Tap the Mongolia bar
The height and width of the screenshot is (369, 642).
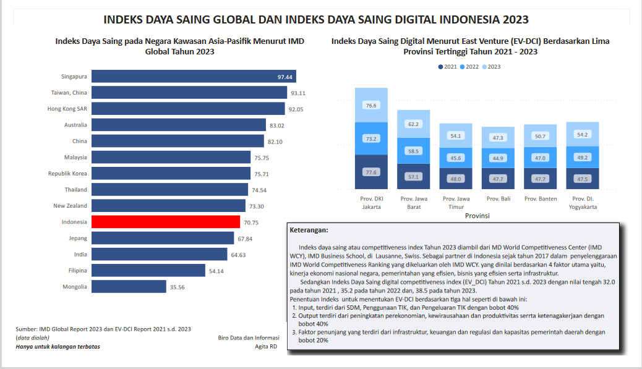tap(129, 287)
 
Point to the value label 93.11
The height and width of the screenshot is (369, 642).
tap(298, 93)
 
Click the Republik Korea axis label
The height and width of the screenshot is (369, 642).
tap(67, 174)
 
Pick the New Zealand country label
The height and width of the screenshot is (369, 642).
tap(70, 206)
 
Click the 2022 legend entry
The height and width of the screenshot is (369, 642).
tap(471, 67)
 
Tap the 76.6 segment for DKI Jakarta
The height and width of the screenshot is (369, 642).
tap(371, 105)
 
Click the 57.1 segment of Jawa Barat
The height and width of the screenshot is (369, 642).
tap(413, 177)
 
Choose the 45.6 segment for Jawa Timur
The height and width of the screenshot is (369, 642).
tap(455, 158)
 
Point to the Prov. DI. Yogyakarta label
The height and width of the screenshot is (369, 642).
tap(583, 203)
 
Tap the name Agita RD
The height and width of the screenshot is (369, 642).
tap(267, 347)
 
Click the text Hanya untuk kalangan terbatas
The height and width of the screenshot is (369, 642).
tap(58, 347)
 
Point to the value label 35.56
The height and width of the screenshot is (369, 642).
tap(178, 287)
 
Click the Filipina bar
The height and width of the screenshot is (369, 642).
tap(148, 271)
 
